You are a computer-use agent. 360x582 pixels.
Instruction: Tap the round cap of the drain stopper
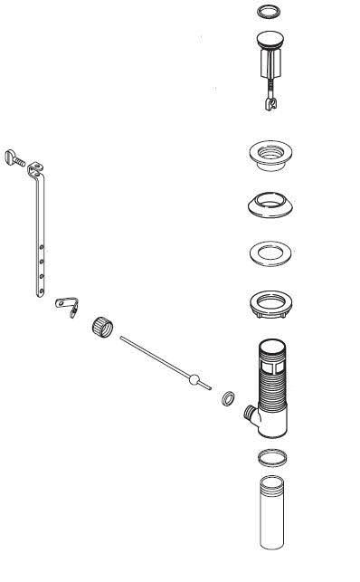269,40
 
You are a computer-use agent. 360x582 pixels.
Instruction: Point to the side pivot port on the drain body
250,415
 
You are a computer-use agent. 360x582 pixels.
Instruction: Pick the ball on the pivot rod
191,379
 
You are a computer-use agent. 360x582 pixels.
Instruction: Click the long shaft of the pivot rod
154,359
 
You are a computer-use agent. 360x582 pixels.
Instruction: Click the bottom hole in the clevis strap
41,278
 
